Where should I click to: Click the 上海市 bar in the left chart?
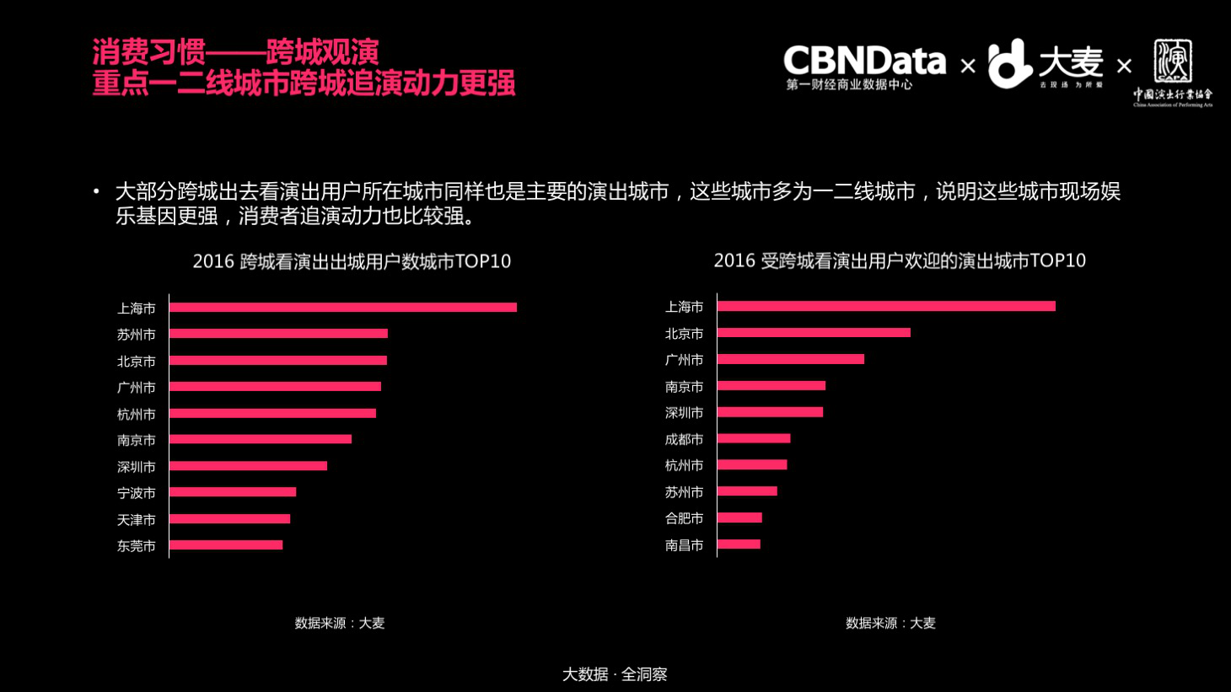342,308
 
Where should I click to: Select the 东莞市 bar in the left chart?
226,545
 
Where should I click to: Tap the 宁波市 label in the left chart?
137,493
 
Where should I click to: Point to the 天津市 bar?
229,519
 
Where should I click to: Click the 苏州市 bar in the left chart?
278,334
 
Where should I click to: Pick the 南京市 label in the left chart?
137,440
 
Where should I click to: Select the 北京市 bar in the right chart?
814,333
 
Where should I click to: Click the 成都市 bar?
754,438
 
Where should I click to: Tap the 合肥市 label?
684,518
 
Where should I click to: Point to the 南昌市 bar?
739,544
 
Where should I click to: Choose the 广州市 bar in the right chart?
791,359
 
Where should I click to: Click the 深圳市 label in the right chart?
684,413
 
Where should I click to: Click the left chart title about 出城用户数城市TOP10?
352,261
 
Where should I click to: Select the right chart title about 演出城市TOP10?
900,260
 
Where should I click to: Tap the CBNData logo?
863,66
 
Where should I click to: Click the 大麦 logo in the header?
1046,64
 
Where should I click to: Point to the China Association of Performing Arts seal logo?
1173,72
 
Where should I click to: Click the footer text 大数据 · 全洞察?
615,674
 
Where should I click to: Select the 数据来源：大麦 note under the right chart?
890,623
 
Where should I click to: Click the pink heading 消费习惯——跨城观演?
235,52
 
